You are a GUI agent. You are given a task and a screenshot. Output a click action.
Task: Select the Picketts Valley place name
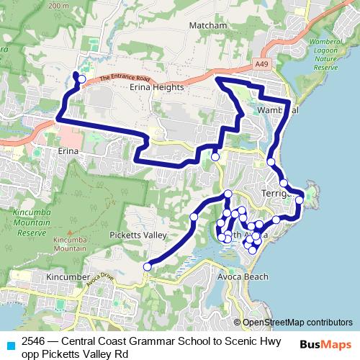pos(138,235)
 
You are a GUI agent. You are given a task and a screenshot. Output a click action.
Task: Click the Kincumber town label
pos(67,276)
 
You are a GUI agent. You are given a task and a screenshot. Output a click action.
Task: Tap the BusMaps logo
pos(325,343)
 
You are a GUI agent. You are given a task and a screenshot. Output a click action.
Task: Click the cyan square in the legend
pos(10,343)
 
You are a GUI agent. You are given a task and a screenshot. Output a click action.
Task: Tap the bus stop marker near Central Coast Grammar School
pos(81,79)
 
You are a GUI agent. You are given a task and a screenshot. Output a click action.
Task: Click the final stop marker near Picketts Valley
pos(147,267)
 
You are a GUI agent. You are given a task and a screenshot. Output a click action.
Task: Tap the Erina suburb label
pos(68,153)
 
